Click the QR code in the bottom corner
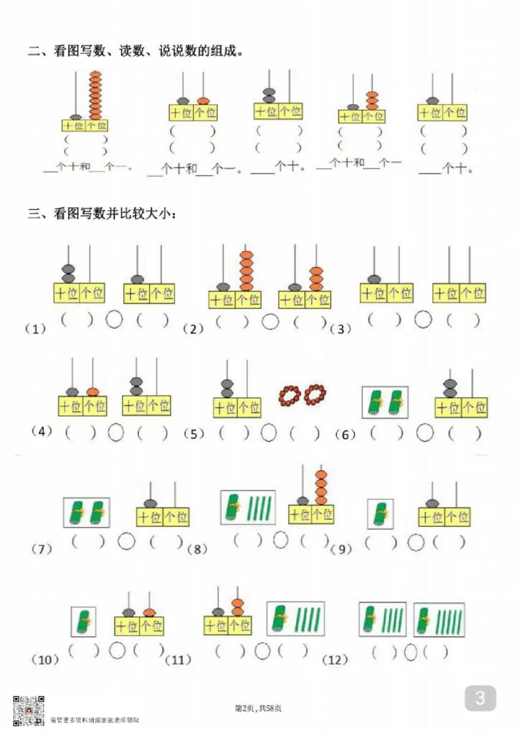point(29,709)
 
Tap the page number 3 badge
point(480,698)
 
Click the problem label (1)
point(36,328)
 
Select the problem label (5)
point(194,434)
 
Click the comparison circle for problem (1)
point(114,319)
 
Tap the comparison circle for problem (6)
point(425,433)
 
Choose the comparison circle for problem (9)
point(416,542)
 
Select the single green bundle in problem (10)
point(83,621)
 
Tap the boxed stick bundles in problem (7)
point(87,512)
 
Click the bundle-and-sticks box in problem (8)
point(248,507)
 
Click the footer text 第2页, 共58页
point(258,709)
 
